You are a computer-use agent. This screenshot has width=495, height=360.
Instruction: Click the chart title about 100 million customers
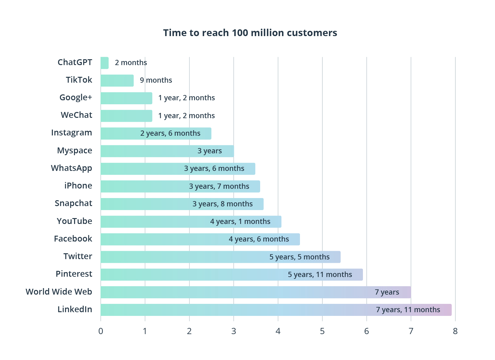coord(250,33)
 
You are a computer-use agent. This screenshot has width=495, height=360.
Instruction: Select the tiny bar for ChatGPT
coord(105,63)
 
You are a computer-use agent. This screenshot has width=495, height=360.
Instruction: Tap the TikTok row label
coord(79,80)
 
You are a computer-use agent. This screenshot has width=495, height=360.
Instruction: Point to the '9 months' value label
coord(156,80)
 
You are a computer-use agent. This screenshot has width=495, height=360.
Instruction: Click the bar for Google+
coord(127,98)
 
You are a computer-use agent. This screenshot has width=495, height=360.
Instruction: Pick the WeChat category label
coord(77,115)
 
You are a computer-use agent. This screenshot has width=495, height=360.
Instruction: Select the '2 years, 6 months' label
coord(170,133)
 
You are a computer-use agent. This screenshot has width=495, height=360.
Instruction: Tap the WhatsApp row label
coord(72,168)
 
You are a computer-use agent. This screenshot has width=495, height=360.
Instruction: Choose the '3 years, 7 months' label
coord(219,186)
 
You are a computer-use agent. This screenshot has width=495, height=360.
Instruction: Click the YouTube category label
coord(74,221)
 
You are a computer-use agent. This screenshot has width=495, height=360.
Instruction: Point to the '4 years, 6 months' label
coord(259,239)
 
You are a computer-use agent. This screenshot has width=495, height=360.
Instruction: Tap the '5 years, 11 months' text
coord(320,275)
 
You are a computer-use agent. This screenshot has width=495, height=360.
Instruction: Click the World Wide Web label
coord(59,292)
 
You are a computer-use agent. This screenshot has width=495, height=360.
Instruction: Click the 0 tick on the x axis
coord(101,331)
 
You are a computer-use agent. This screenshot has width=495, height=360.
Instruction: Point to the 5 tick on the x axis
coord(322,331)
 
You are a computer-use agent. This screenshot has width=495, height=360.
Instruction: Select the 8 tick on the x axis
coord(455,331)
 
